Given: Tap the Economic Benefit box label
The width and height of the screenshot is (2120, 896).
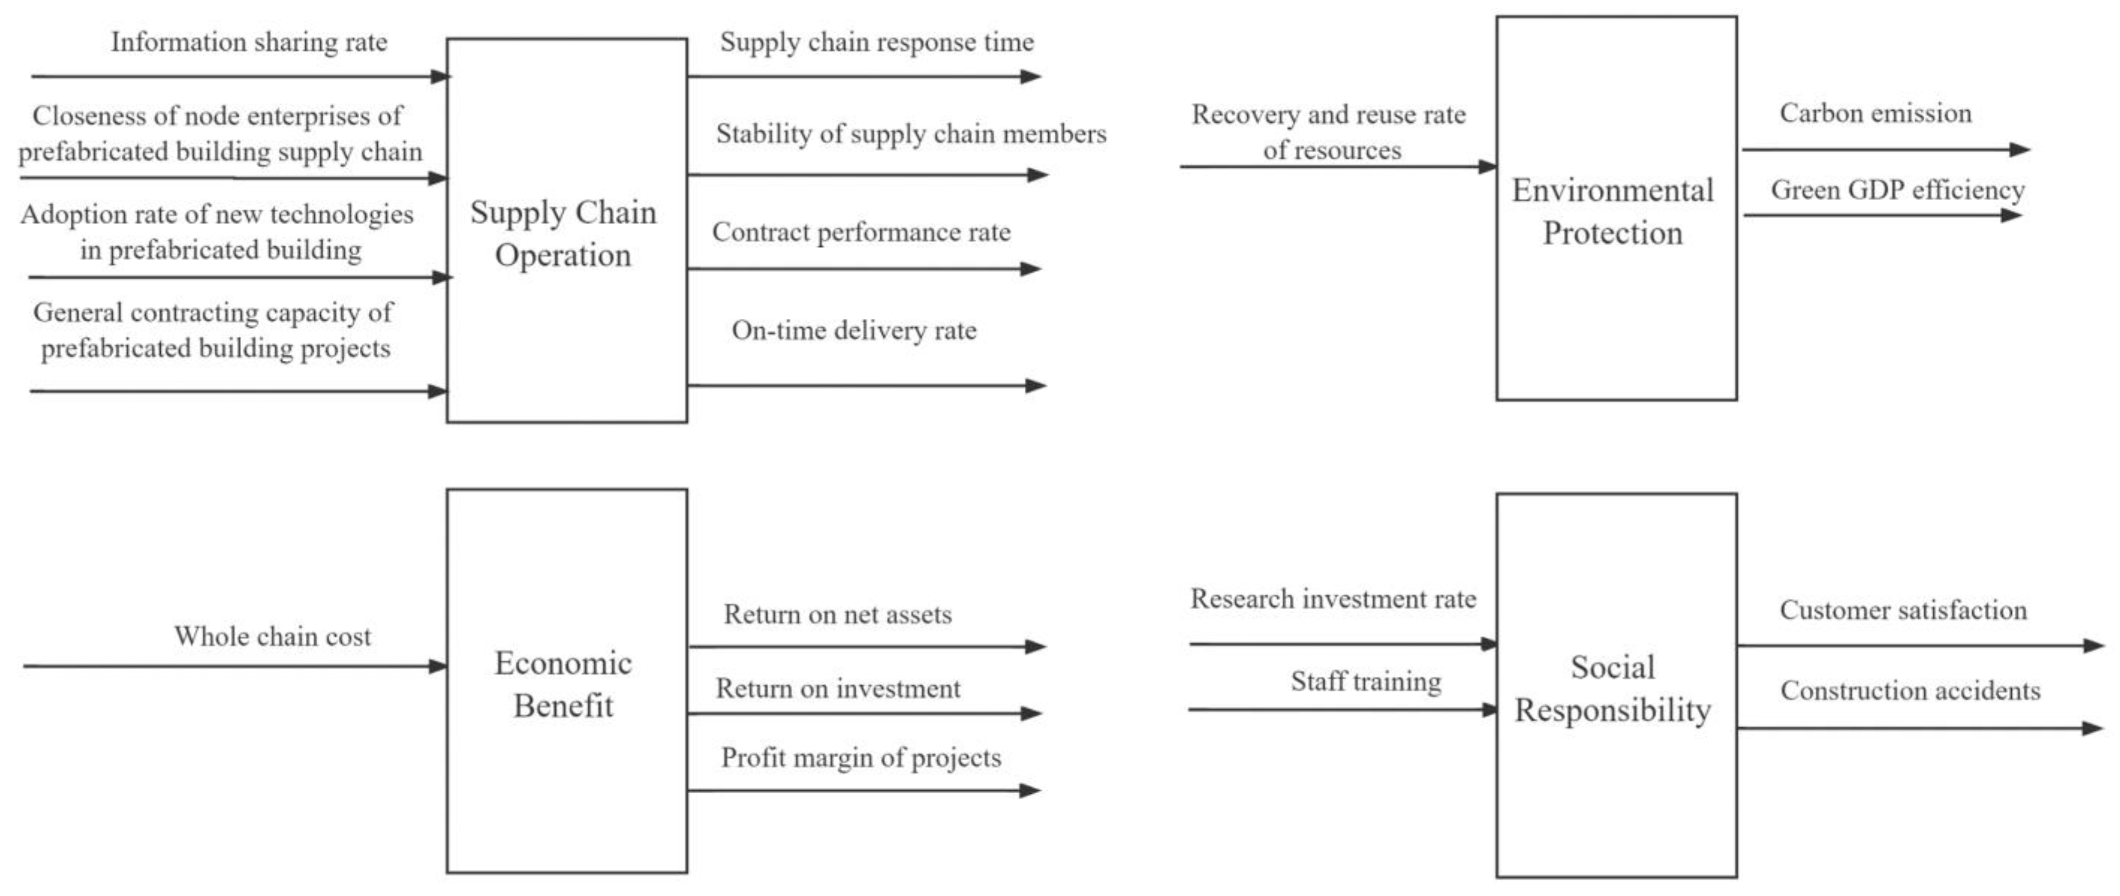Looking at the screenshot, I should (564, 684).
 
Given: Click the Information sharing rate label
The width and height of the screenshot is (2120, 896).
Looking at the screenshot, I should (249, 42).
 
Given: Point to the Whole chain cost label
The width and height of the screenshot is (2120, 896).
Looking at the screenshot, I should (272, 636).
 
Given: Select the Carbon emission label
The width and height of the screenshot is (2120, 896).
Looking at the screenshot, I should (1876, 113).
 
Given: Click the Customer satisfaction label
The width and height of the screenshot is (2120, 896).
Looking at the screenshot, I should (1903, 610).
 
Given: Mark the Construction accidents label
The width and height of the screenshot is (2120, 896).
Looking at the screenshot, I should (1910, 690).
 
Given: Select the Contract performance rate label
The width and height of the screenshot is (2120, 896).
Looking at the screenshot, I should (861, 232).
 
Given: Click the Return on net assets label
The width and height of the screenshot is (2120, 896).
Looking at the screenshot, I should (838, 615).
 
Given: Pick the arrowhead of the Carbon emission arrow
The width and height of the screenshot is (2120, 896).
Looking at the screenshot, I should (2020, 150).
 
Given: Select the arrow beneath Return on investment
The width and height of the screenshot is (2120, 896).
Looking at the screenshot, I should (864, 713).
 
